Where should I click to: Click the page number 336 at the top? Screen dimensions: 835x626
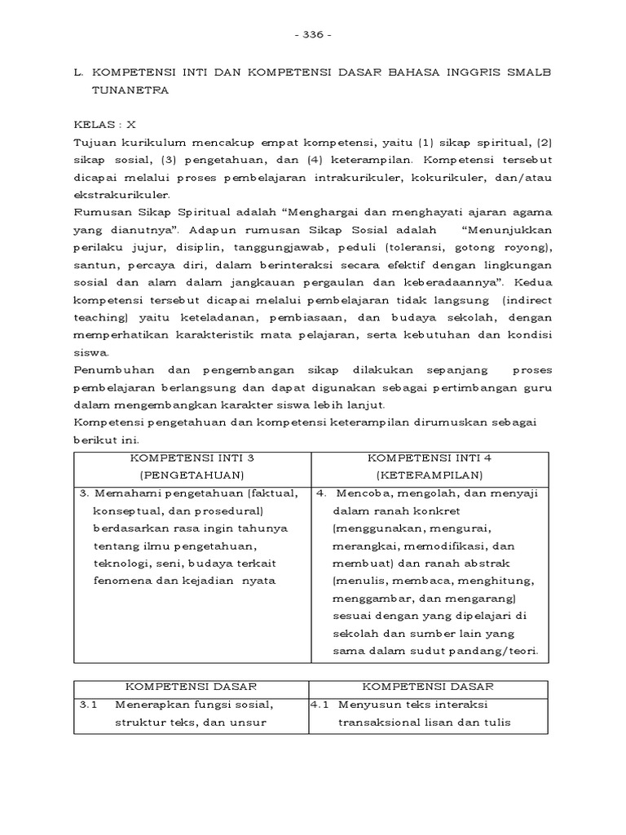point(312,36)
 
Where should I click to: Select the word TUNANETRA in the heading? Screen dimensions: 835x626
point(130,91)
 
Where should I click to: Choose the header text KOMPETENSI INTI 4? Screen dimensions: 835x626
point(429,457)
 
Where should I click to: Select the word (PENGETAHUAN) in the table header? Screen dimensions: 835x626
point(192,475)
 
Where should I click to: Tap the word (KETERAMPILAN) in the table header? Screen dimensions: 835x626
point(429,475)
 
